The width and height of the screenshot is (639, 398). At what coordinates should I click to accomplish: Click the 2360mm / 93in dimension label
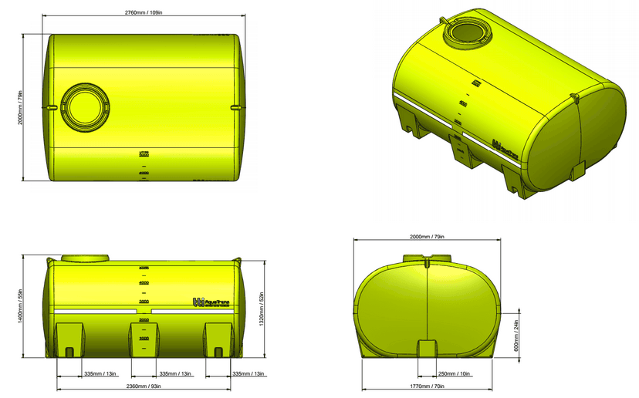(x=144, y=386)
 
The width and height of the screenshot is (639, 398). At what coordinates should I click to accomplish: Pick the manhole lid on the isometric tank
(x=465, y=32)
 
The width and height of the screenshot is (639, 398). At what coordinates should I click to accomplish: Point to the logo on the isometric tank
(x=504, y=148)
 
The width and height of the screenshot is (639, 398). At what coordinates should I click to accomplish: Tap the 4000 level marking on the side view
(x=144, y=284)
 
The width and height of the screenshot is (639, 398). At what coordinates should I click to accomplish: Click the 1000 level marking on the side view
(x=144, y=338)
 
